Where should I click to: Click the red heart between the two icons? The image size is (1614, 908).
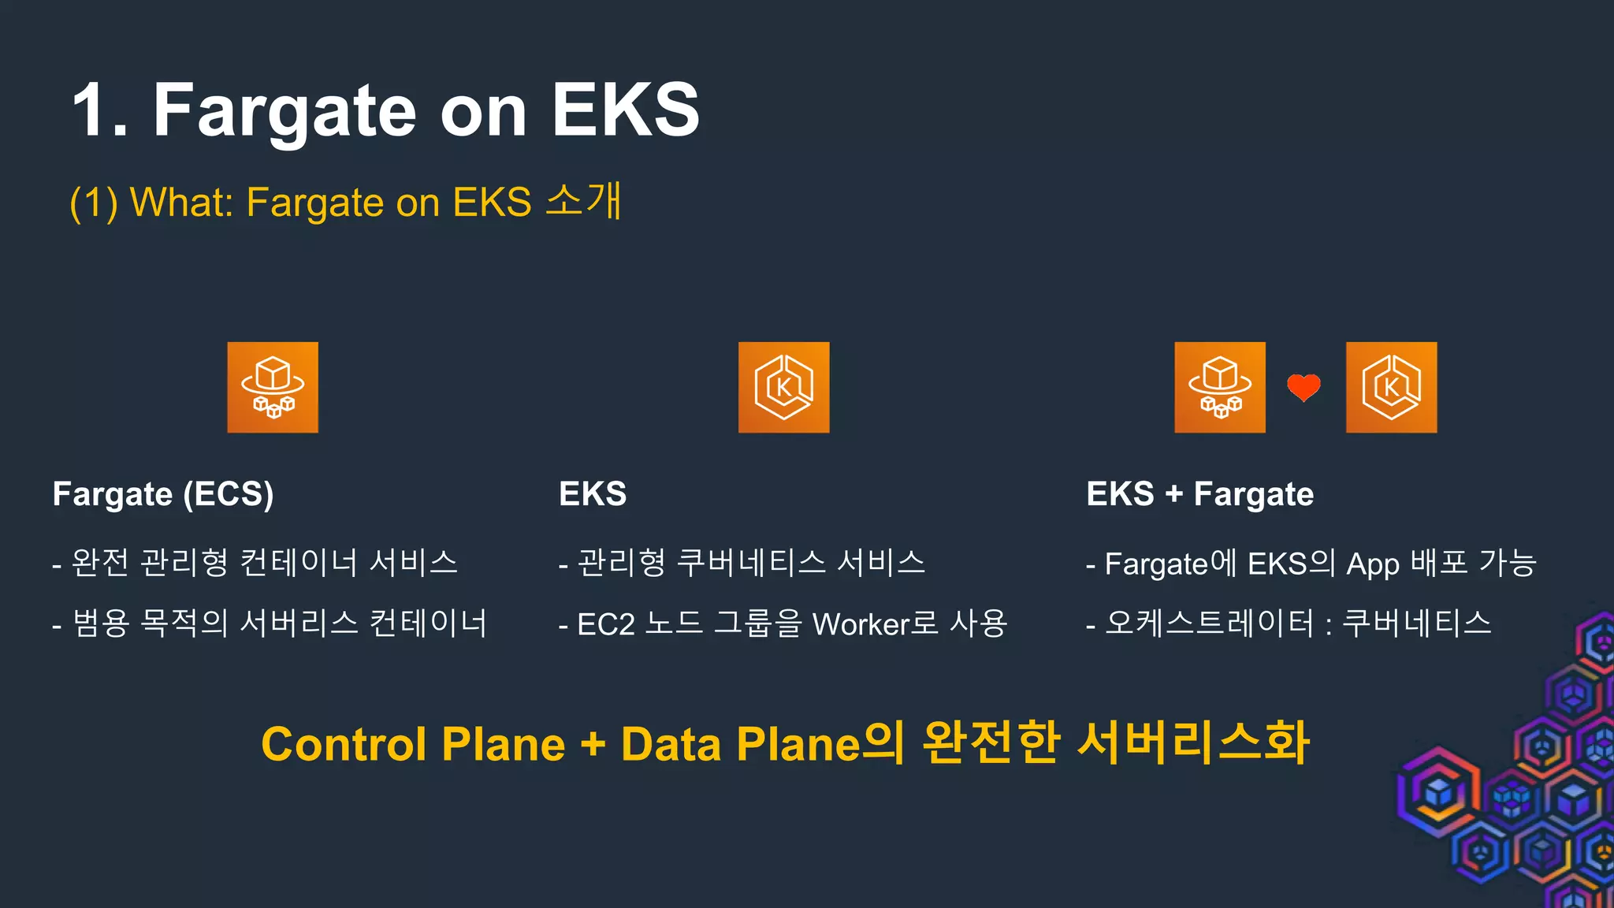tap(1303, 387)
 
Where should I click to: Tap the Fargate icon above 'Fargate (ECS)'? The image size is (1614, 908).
tap(273, 387)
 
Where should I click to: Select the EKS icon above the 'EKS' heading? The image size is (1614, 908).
tap(783, 387)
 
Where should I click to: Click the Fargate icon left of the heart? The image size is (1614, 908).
tap(1220, 387)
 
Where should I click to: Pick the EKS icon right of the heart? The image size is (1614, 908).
tap(1391, 387)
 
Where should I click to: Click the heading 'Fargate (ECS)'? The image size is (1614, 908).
tap(163, 495)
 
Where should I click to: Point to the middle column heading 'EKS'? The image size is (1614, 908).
tap(593, 495)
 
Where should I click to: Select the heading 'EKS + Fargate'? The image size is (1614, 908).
tap(1199, 495)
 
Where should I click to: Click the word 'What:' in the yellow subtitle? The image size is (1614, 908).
tap(181, 203)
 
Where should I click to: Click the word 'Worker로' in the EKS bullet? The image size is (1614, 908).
tap(876, 624)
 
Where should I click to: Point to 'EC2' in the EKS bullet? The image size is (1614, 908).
tap(606, 624)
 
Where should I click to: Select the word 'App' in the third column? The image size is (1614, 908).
tap(1373, 564)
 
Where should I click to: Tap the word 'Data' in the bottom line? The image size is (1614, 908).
tap(671, 745)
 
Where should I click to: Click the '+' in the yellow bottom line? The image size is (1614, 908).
tap(593, 745)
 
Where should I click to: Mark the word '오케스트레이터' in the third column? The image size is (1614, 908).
tap(1210, 623)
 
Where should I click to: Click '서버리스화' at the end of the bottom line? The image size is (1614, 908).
tap(1193, 743)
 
